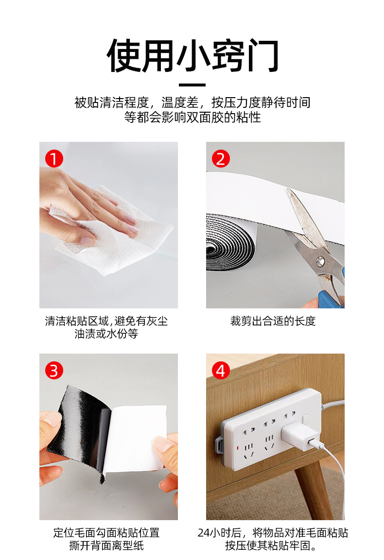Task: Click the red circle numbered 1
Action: (x=54, y=159)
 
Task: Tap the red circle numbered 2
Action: (x=221, y=159)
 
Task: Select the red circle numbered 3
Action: (x=54, y=371)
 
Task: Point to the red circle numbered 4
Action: (x=221, y=371)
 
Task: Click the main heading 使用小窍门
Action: (x=192, y=56)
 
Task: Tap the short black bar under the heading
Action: (x=192, y=85)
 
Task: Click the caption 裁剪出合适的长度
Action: (x=273, y=321)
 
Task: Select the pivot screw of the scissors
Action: (x=320, y=261)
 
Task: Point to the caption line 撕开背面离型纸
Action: (x=106, y=546)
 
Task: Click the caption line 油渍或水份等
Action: (x=106, y=334)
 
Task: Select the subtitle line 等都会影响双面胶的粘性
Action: (x=192, y=117)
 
